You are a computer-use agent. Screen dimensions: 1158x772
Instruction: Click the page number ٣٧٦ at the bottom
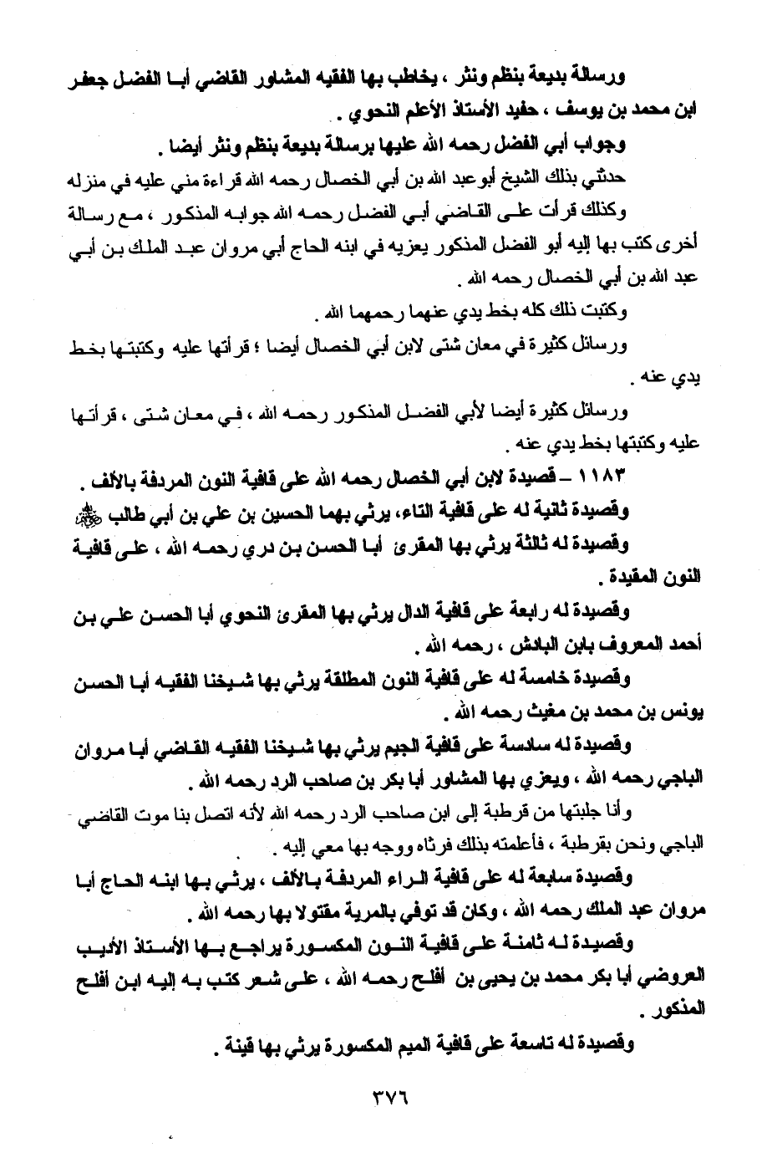click(386, 1094)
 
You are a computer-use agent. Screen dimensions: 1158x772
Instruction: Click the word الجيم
click(436, 745)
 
